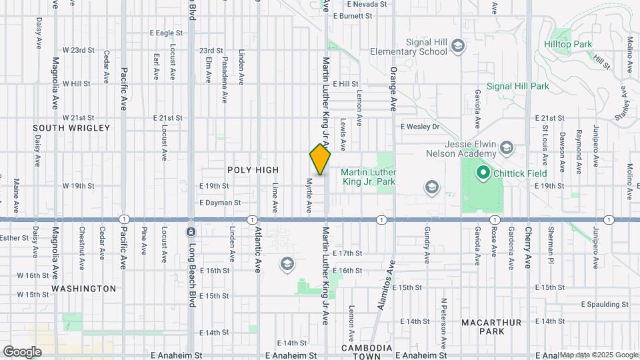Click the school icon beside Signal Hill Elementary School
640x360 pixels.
458,46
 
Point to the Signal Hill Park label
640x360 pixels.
517,86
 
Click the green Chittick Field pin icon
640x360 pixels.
482,173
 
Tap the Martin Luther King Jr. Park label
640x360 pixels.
368,176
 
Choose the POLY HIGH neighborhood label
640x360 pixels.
253,170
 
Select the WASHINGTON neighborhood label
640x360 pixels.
84,289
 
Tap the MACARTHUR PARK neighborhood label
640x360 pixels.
491,327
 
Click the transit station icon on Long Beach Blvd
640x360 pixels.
191,232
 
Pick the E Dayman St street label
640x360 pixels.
219,202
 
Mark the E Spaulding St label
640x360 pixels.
605,304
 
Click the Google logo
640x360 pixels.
21,351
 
